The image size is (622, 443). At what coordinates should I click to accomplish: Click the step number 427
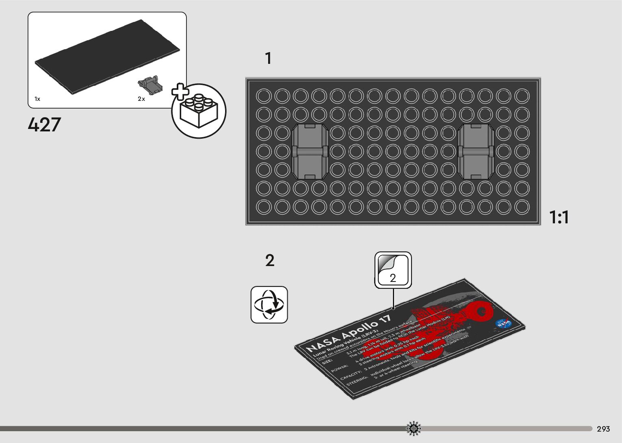(44, 124)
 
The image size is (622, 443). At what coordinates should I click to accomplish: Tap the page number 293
(603, 429)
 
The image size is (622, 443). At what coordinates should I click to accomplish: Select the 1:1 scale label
(559, 217)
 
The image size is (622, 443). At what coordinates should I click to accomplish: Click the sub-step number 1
(268, 59)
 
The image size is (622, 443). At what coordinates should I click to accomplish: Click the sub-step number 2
(270, 261)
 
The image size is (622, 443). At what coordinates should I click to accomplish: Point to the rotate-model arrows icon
(269, 305)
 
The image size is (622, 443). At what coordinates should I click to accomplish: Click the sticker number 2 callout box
(393, 270)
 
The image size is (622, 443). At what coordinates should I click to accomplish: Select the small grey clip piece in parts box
(150, 84)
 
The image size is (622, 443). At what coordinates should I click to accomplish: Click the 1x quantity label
(37, 99)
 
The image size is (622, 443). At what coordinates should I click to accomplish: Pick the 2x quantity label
(141, 99)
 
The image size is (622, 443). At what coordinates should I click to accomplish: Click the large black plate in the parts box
(107, 57)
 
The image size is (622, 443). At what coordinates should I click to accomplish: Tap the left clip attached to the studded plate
(310, 151)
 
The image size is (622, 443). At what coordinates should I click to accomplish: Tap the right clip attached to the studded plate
(475, 151)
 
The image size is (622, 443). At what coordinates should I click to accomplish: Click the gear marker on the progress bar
(414, 428)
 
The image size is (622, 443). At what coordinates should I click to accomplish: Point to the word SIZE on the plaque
(327, 361)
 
